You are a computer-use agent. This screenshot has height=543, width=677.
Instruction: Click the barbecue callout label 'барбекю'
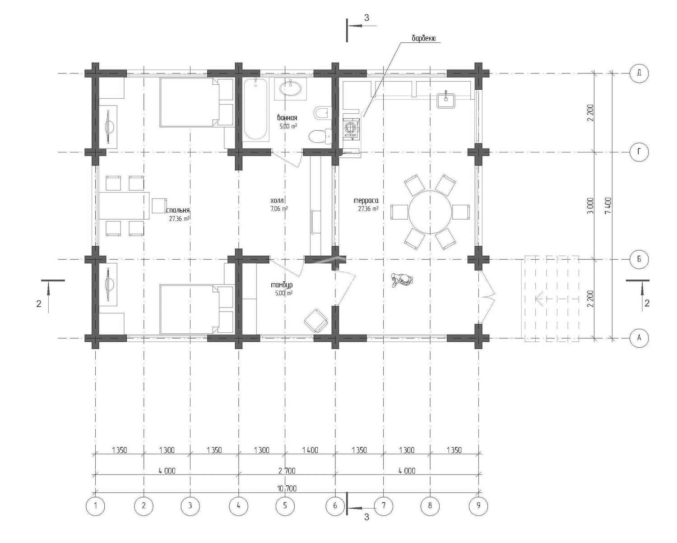point(423,38)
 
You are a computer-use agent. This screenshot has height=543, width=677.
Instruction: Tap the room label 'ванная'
point(287,118)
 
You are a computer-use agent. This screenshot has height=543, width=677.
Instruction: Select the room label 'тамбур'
point(282,285)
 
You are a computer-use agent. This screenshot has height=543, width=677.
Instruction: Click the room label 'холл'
point(277,200)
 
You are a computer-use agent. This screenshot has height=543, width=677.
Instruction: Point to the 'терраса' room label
point(366,201)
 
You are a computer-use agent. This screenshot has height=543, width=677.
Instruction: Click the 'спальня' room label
point(178,210)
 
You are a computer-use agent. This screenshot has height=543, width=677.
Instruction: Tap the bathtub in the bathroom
point(256,109)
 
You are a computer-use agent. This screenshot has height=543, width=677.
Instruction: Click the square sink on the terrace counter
point(446,100)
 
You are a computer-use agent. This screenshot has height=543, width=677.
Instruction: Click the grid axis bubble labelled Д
point(639,73)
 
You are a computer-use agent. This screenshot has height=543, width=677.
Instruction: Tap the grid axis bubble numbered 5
point(285,506)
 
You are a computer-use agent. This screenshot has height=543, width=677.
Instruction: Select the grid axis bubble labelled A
point(639,338)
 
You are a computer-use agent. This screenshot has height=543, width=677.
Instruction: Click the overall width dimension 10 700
point(287,488)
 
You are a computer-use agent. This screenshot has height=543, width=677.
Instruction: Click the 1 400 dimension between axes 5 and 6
point(310,450)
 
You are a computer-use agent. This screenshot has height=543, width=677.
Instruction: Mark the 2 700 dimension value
point(287,471)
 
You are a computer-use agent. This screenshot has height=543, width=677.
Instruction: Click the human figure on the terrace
point(401,280)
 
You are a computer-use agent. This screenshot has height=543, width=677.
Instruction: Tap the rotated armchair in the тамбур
point(316,320)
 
